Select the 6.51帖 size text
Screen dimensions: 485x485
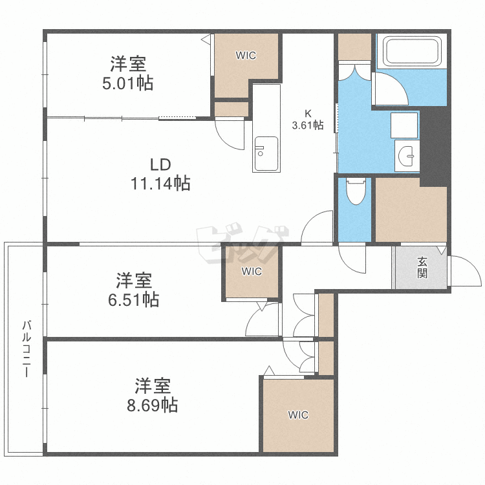(134, 299)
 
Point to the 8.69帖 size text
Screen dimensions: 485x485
(153, 405)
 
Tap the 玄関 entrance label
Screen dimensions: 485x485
(422, 267)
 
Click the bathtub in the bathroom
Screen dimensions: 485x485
(412, 52)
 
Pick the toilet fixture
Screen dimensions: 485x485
(356, 191)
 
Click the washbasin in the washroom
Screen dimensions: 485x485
(407, 156)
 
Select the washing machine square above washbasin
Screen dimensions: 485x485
(405, 124)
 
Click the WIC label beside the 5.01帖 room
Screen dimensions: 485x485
(246, 56)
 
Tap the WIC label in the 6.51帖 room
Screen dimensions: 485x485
(252, 272)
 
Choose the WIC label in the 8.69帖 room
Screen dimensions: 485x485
(298, 415)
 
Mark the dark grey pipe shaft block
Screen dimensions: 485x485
(434, 145)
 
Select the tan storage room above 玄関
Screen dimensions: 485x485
(411, 210)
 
